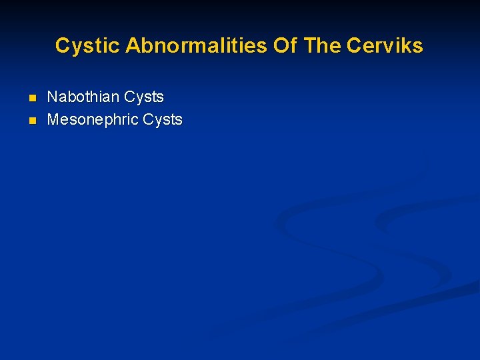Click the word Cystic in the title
(87, 46)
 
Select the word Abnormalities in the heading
(197, 46)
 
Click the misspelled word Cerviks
(385, 46)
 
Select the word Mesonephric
(93, 120)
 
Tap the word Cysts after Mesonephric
(162, 120)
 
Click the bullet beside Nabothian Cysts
(31, 99)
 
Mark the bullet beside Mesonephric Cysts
(31, 121)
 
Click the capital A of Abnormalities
(132, 46)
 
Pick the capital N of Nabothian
(53, 97)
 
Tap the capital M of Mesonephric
(54, 120)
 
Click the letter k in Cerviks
(407, 46)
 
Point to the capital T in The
(309, 46)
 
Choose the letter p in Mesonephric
(109, 121)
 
